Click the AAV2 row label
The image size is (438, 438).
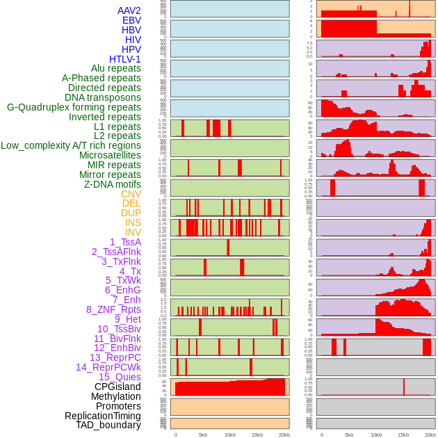[129, 10]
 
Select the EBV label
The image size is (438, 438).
[131, 20]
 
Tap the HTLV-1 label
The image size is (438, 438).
[124, 59]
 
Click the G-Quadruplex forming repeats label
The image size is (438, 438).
[74, 107]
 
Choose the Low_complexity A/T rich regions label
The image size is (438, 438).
[71, 145]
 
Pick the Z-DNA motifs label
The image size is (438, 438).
[112, 184]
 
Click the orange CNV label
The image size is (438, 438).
[131, 194]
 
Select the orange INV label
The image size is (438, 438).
[133, 232]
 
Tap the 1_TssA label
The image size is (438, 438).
[125, 242]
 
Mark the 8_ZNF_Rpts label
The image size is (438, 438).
[113, 309]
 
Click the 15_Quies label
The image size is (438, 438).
[120, 377]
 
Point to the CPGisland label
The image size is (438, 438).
[117, 387]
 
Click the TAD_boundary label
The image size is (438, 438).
[108, 425]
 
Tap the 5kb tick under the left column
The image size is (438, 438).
[203, 435]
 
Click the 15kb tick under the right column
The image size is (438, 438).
[403, 435]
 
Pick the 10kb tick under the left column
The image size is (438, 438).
[230, 435]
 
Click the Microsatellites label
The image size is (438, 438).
[110, 155]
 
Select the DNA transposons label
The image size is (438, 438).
[103, 97]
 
